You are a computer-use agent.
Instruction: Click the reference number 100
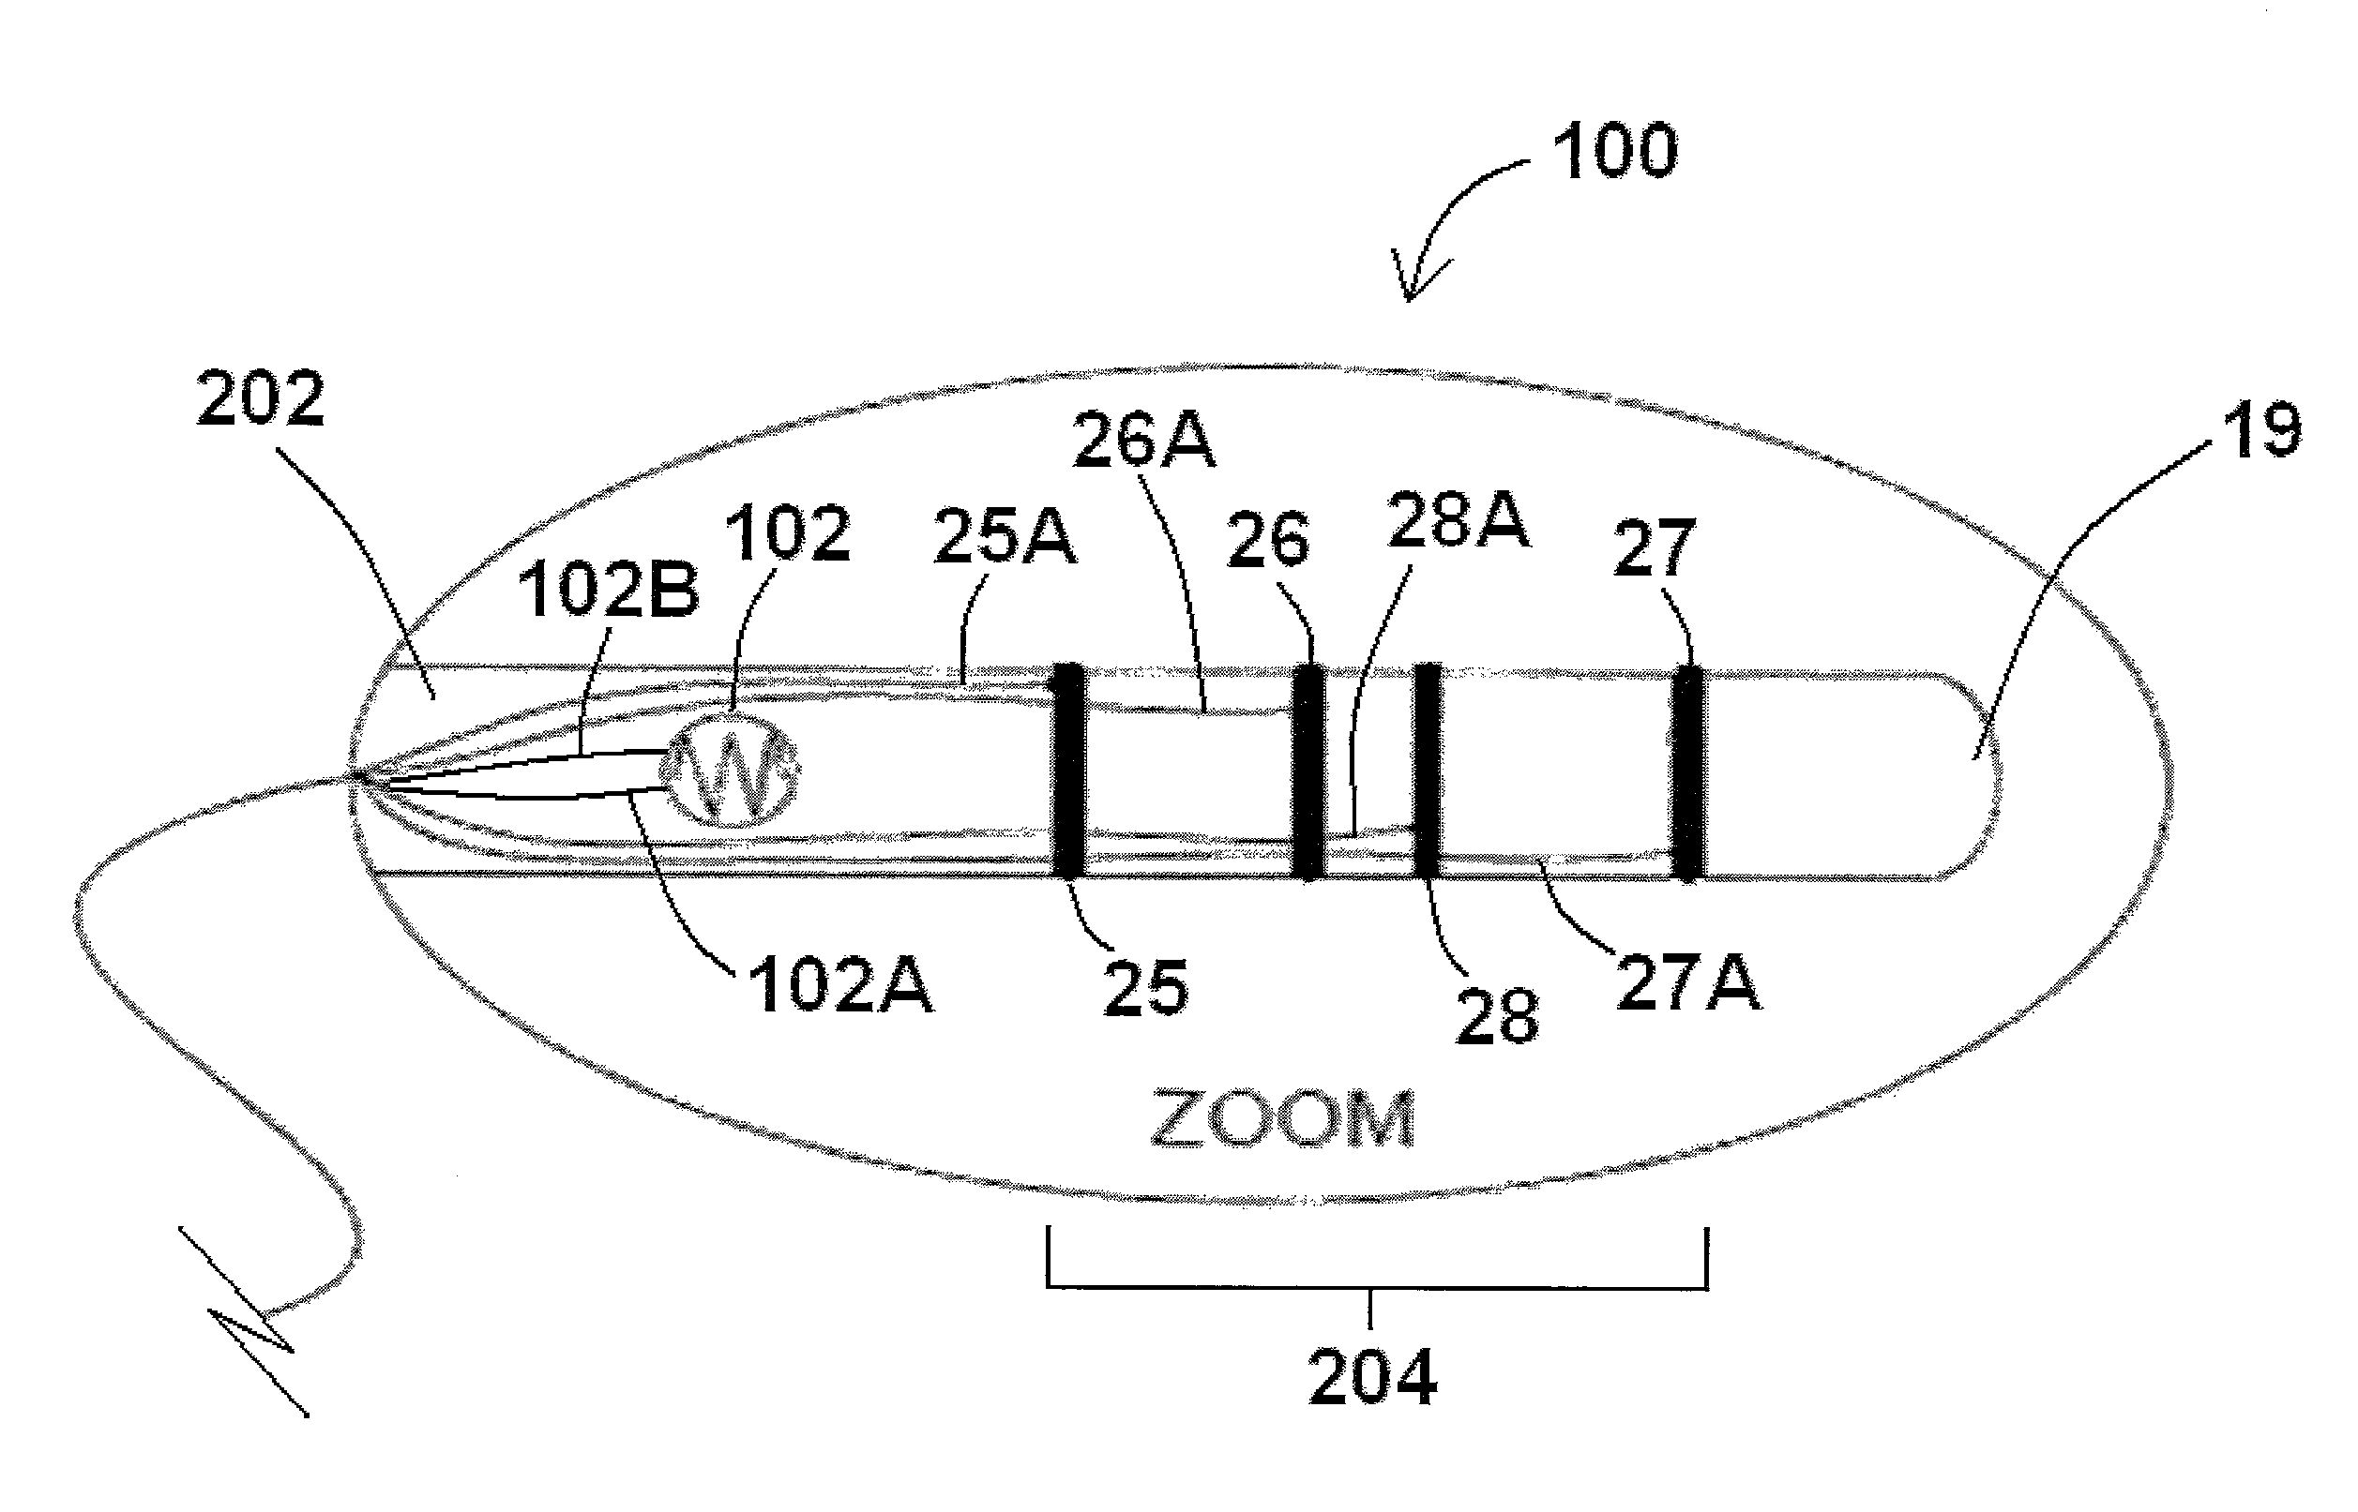1614,153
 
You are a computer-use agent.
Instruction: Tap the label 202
260,399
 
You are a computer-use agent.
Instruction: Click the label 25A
1004,538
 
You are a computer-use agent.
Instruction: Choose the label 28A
1458,520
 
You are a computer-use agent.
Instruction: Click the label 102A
840,986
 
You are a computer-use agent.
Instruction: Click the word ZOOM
1281,1118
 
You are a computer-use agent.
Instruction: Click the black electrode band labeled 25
1068,771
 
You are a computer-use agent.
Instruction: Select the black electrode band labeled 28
1426,771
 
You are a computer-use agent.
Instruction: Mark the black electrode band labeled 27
1688,773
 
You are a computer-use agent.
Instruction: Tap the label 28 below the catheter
1497,1017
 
